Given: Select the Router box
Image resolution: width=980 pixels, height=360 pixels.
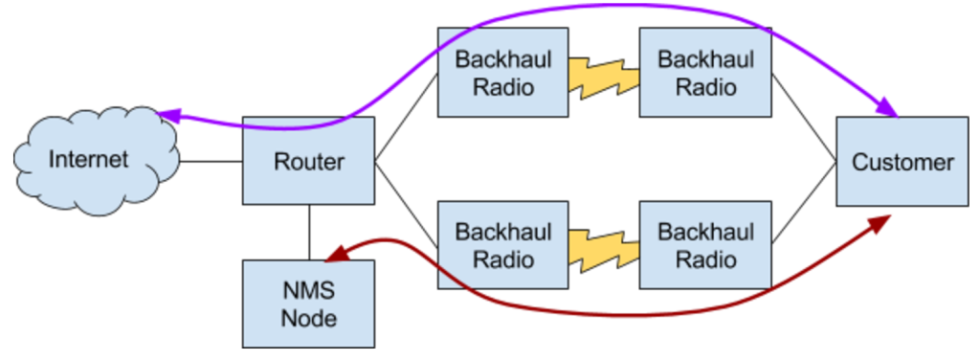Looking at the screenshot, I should [x=308, y=161].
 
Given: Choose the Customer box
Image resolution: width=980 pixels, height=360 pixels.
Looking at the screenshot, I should [x=902, y=162].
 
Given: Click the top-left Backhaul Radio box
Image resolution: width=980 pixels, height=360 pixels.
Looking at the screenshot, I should [x=502, y=72].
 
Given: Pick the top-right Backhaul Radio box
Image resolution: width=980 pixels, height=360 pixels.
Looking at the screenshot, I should [x=705, y=72].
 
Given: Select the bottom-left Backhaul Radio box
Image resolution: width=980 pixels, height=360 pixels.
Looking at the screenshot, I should [x=502, y=245].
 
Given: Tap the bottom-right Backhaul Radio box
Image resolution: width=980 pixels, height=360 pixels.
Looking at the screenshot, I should [x=705, y=245].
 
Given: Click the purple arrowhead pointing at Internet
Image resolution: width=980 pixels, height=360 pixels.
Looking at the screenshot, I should [x=168, y=115].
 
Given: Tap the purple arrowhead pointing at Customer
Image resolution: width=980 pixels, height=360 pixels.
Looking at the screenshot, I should [x=889, y=109].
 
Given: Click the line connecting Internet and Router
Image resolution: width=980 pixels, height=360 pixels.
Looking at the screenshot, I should [x=211, y=161].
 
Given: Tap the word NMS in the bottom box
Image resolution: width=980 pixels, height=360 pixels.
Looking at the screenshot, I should [x=308, y=291].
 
